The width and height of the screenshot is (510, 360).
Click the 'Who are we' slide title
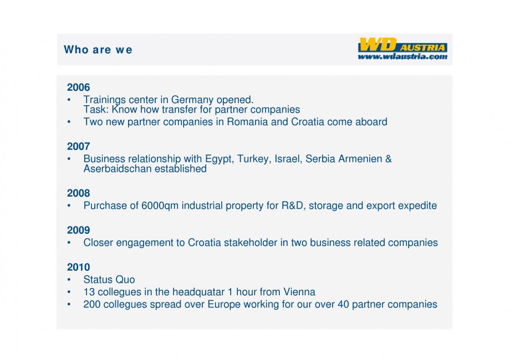(98, 50)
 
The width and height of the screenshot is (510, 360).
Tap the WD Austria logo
(402, 45)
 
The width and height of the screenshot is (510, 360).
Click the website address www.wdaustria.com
(402, 56)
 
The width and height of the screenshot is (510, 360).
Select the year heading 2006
(78, 88)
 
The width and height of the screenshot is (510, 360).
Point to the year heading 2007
(78, 147)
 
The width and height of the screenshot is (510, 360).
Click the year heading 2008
(78, 193)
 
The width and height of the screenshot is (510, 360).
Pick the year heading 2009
(78, 230)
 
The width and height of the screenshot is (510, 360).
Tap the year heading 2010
(78, 268)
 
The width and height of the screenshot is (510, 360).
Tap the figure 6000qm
(160, 206)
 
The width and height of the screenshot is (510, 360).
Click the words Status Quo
(109, 280)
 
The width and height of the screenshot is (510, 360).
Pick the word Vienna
(299, 292)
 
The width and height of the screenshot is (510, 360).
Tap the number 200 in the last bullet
(91, 304)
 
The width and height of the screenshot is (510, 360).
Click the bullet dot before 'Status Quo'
(69, 280)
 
